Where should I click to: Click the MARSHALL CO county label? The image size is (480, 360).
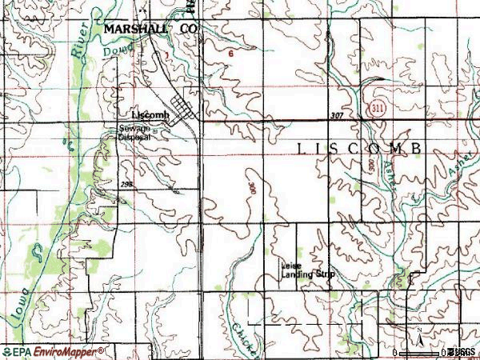[150, 28]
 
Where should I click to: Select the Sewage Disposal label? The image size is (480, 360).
[134, 132]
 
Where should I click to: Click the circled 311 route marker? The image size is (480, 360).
[375, 106]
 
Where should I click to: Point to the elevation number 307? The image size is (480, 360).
[336, 117]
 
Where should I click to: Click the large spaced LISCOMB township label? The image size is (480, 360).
[359, 149]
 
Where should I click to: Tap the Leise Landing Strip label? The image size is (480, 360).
[307, 271]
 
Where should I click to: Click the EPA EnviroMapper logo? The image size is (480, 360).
[53, 351]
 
